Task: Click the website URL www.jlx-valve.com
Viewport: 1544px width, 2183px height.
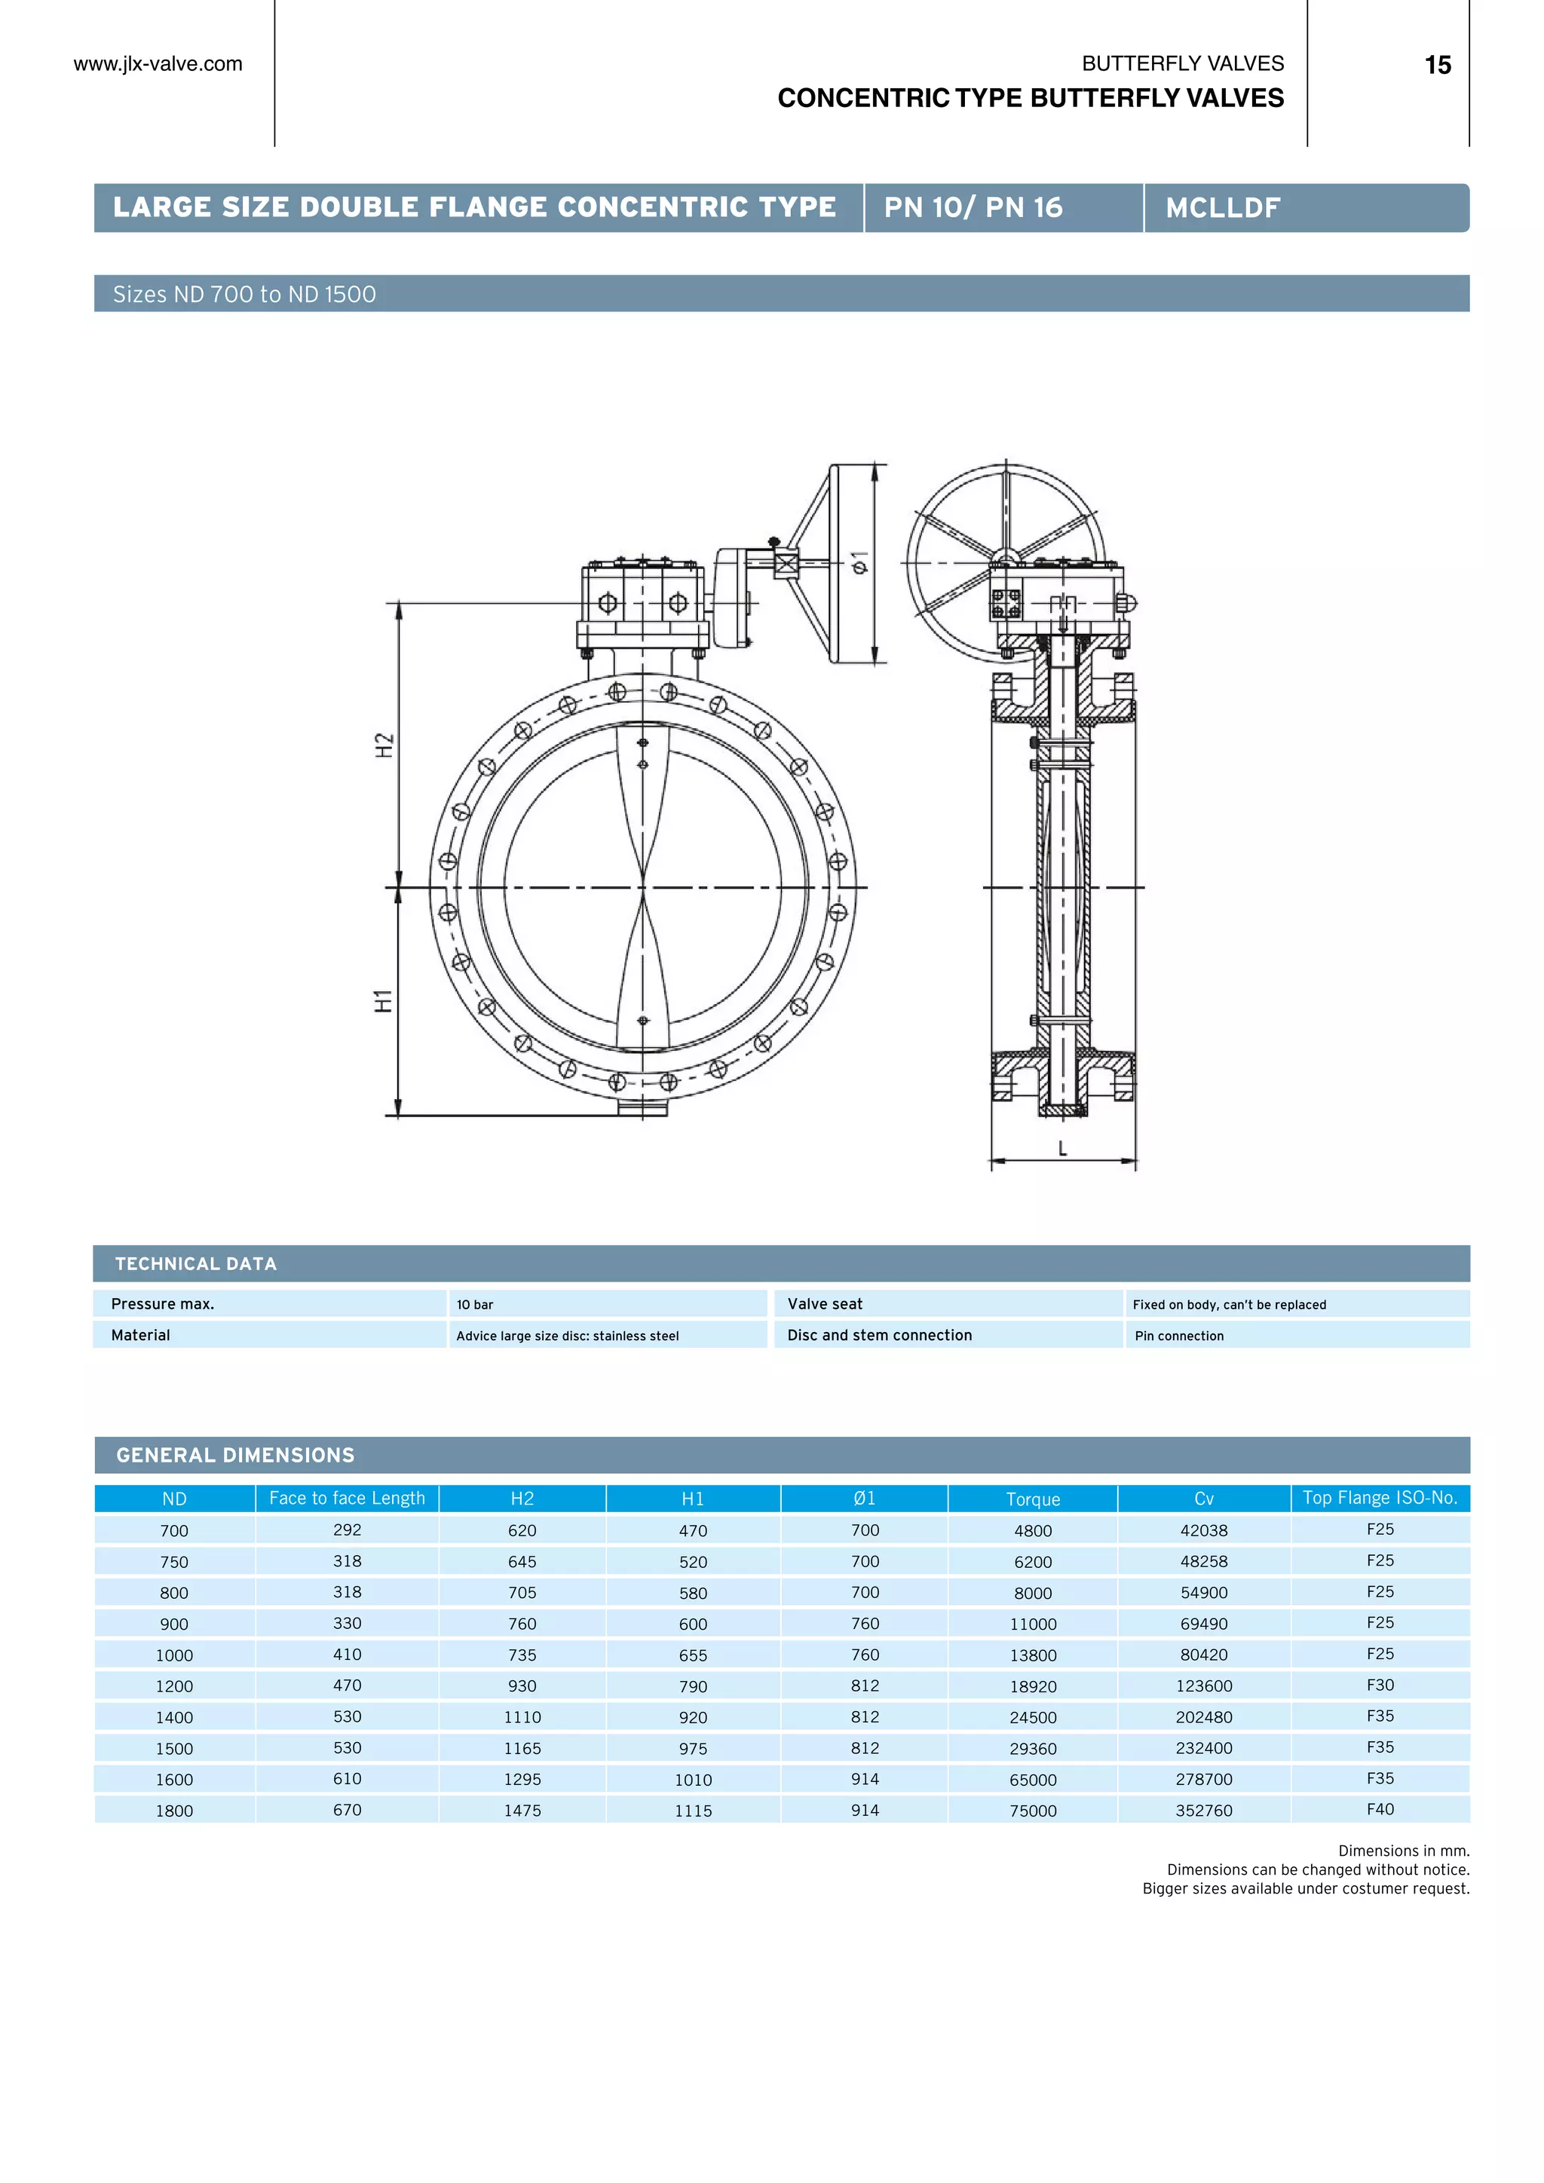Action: (158, 64)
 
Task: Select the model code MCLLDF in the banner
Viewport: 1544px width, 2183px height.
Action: (1223, 207)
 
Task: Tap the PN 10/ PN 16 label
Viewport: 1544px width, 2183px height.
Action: (973, 207)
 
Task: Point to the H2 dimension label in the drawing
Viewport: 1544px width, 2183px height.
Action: (384, 745)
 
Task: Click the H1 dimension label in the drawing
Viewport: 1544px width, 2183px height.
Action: (383, 1000)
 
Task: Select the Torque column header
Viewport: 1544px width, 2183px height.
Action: (1033, 1499)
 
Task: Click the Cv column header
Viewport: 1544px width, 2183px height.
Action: (1204, 1499)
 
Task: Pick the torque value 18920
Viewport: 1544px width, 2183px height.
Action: (1033, 1687)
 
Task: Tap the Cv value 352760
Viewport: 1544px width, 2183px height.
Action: (1204, 1811)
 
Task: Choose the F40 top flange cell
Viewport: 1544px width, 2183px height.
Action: (1380, 1809)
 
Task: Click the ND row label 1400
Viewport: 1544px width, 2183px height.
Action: (174, 1718)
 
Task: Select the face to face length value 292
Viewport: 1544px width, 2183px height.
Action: (347, 1529)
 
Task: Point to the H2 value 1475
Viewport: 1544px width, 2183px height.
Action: (522, 1811)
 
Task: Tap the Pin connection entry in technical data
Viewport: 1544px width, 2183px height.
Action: (1179, 1336)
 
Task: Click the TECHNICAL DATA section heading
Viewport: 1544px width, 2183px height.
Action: (196, 1263)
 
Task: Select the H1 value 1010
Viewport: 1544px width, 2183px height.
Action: (693, 1780)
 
